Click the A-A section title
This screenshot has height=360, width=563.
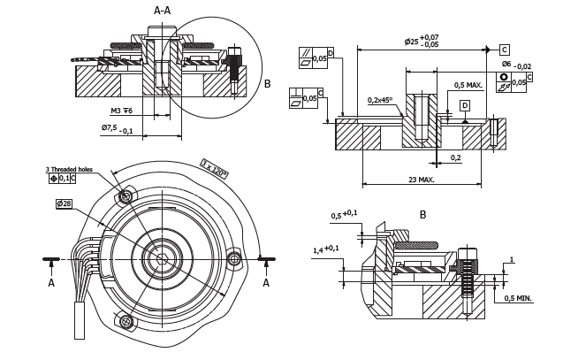[162, 11]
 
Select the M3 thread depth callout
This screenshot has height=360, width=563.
[121, 111]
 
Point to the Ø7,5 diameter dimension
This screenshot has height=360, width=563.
[117, 128]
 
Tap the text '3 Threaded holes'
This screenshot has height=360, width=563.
[69, 169]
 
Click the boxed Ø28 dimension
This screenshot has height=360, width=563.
[64, 204]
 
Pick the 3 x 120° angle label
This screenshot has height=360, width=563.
[214, 169]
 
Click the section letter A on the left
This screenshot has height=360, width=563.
[51, 283]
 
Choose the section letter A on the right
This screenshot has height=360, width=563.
[266, 283]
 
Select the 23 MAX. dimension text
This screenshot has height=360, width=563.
[422, 180]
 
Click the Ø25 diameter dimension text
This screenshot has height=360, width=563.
[421, 41]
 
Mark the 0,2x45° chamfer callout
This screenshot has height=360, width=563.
[381, 100]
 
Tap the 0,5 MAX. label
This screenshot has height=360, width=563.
[468, 85]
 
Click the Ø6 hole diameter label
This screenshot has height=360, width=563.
[516, 65]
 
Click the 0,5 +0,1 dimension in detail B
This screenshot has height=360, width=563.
[344, 215]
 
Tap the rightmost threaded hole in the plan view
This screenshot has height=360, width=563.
[235, 258]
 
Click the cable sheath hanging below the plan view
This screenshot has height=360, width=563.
[79, 319]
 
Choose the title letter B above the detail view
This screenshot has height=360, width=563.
[422, 215]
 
